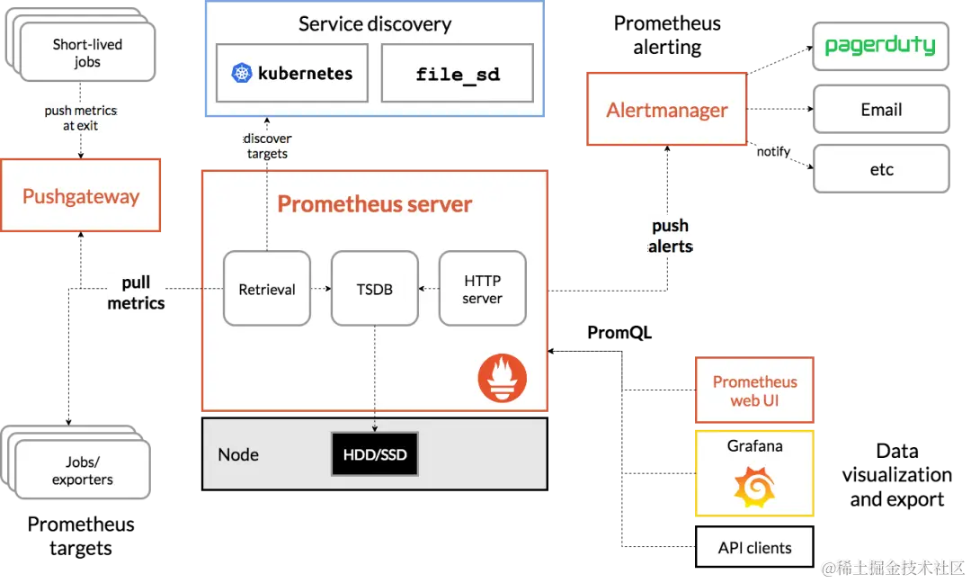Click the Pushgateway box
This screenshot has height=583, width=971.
pos(81,195)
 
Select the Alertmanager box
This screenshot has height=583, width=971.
pos(667,109)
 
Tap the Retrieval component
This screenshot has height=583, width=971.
pos(267,289)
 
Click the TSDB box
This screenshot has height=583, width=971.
pos(375,289)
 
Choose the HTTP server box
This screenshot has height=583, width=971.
pos(483,289)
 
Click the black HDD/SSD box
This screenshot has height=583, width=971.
pos(375,454)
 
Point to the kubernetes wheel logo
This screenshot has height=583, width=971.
pos(242,73)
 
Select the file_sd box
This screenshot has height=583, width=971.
pos(458,73)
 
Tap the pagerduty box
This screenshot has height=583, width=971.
pos(880,47)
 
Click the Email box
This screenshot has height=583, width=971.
pos(881,109)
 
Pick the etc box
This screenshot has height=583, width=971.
pos(881,169)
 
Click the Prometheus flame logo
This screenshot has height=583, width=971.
pos(503,378)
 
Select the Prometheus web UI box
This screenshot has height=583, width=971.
pos(754,390)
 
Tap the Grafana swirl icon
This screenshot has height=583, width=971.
pos(754,487)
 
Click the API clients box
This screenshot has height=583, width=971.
pos(754,547)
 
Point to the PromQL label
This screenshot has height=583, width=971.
pos(619,333)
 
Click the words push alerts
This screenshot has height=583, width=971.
pos(670,236)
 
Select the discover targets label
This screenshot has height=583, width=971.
pos(267,147)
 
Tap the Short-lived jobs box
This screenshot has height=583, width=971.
pos(87,53)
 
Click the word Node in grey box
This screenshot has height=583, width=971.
pos(237,454)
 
